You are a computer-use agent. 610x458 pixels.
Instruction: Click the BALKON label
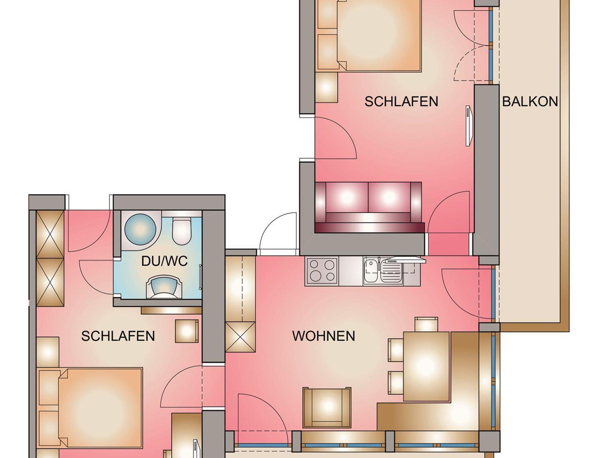point(530,102)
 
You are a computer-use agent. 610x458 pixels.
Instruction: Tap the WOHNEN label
point(323,336)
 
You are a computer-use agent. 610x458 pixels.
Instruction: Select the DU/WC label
point(164,261)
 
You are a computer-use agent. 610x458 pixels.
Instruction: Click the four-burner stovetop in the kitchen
point(322,270)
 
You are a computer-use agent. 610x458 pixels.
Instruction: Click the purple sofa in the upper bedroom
point(369,207)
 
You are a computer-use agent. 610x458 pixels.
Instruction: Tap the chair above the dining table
point(426,324)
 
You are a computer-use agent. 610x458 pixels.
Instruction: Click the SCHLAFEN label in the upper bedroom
point(401,102)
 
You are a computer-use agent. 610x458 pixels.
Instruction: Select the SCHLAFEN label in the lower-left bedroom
point(118,336)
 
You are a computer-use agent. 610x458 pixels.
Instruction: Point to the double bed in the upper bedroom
point(369,36)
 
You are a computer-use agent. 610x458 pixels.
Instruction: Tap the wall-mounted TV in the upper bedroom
point(469,126)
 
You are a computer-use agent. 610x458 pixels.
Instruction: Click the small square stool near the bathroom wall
point(187,331)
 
